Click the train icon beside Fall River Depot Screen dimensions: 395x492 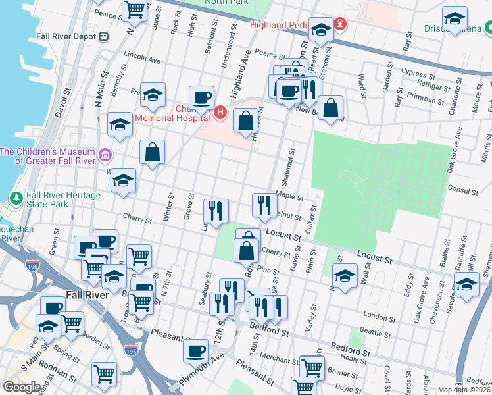103,37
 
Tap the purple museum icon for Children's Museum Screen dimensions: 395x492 105,155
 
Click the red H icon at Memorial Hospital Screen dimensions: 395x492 220,114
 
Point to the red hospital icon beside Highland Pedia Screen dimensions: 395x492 339,25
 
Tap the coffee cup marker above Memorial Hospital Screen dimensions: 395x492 202,98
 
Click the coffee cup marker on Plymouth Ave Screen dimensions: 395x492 195,350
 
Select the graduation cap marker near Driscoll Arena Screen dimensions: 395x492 455,18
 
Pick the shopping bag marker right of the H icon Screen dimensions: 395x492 245,120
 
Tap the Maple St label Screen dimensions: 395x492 290,196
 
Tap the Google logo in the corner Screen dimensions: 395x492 22,386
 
